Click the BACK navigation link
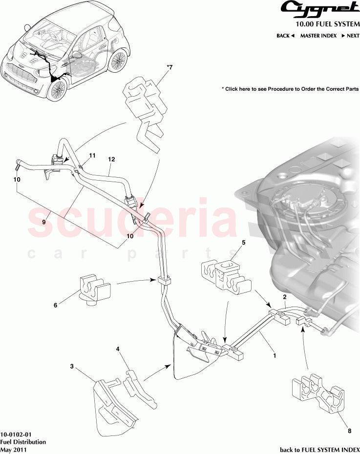coord(285,36)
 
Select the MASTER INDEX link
coord(318,36)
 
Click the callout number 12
coord(111,160)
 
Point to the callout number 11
coord(92,156)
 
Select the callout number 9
coord(43,221)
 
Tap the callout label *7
coord(170,68)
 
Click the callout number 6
coord(55,305)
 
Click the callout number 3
coord(72,366)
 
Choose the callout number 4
coord(118,349)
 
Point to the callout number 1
coord(275,356)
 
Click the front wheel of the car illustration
coord(58,90)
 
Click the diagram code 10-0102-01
coord(16,434)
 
